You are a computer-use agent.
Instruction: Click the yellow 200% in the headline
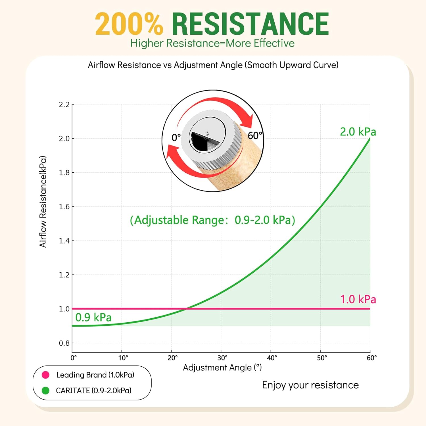(129, 24)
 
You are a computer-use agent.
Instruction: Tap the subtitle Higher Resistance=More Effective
(212, 43)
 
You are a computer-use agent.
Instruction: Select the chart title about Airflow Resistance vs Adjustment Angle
(213, 65)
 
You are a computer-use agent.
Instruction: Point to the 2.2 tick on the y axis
(64, 105)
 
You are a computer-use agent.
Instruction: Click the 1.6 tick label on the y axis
(64, 207)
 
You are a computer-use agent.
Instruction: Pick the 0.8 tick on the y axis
(64, 343)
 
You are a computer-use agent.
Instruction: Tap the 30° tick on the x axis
(222, 358)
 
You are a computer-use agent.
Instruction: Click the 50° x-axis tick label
(322, 358)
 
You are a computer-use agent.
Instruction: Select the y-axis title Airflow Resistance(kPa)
(43, 202)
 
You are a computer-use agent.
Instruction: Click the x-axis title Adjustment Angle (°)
(222, 367)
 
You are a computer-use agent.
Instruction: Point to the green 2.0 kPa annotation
(358, 132)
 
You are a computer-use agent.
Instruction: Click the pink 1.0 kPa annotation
(358, 299)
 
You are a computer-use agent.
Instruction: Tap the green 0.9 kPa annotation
(93, 318)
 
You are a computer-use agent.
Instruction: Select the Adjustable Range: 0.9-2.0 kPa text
(212, 220)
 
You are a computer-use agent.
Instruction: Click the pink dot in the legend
(45, 375)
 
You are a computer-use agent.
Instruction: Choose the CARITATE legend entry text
(94, 390)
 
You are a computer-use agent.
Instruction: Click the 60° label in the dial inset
(255, 136)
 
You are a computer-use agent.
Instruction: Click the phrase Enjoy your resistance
(310, 385)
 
